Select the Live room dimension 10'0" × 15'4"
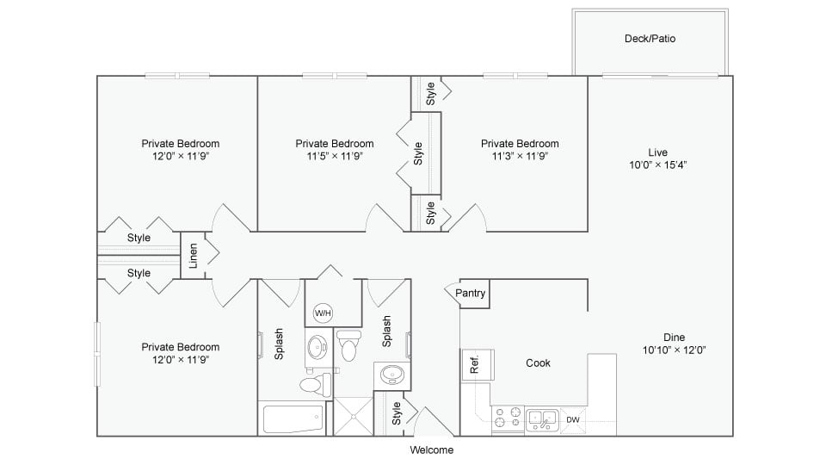tap(657, 164)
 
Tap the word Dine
tap(674, 337)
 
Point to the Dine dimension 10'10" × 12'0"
tap(674, 350)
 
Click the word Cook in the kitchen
tap(538, 363)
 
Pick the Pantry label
tap(471, 293)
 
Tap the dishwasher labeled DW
tap(573, 420)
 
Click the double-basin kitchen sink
tap(542, 419)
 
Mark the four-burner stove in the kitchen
tap(508, 418)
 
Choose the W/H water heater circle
tap(324, 312)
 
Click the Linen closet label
tap(194, 256)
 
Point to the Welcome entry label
tap(431, 449)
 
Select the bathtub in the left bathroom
tap(294, 419)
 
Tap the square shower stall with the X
tap(354, 417)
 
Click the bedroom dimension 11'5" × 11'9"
tap(334, 156)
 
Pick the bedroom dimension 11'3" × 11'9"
tap(519, 156)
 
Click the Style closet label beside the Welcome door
tap(397, 413)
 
